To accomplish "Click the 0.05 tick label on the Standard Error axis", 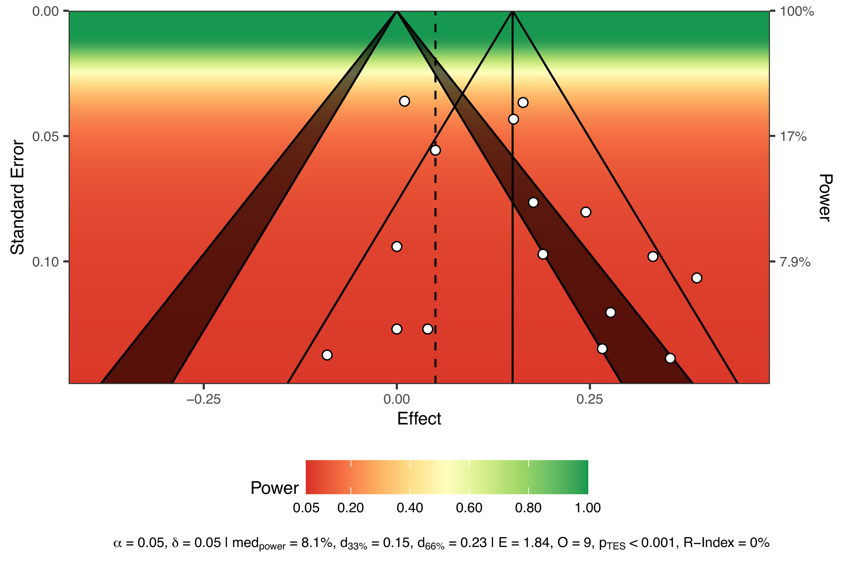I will click(45, 137).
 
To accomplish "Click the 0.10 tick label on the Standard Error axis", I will click(45, 262).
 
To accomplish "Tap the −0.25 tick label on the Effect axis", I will click(204, 400).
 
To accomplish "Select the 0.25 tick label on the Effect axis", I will click(589, 400).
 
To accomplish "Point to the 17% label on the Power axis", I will click(793, 137).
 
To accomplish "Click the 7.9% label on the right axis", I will click(795, 262).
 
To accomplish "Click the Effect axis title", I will click(419, 419).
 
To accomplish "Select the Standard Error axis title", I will click(17, 197).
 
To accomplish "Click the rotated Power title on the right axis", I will click(825, 197).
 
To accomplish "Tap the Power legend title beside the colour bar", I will click(275, 488).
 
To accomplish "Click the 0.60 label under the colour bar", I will click(469, 508).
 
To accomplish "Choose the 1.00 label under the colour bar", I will click(588, 508).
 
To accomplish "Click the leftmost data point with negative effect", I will click(327, 355).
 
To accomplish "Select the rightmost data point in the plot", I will click(697, 278).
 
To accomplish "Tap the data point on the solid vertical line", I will click(513, 119).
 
